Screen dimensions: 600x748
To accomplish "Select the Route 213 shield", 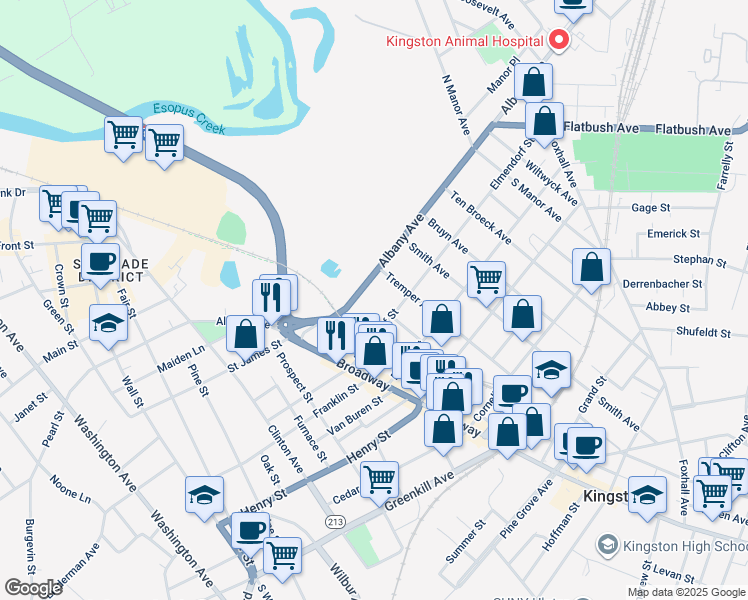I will coord(335,521).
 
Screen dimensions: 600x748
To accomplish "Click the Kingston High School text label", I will coord(684,546).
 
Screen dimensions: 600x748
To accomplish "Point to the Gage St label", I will coord(650,207).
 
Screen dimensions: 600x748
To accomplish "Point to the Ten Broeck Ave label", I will coord(481,218).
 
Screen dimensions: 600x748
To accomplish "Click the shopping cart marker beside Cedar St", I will coord(379,480).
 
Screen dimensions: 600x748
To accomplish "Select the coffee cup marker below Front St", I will coord(99,262).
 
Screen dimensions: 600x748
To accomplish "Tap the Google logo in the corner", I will coord(33,588).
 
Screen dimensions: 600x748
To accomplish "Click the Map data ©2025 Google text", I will coord(686,592).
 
